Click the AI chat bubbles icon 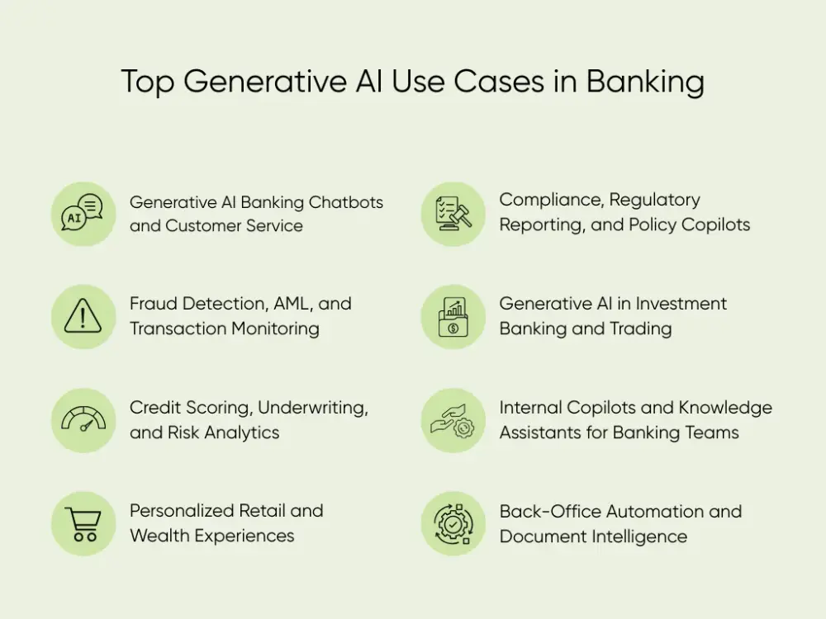click(x=83, y=214)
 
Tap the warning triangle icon click(x=83, y=316)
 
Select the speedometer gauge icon click(x=83, y=420)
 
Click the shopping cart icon click(x=83, y=523)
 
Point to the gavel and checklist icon click(x=453, y=214)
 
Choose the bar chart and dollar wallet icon click(x=453, y=316)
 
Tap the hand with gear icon click(x=453, y=420)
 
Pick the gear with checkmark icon click(x=453, y=523)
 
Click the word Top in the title click(x=148, y=83)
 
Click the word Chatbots click(x=346, y=203)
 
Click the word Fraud click(x=154, y=304)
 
